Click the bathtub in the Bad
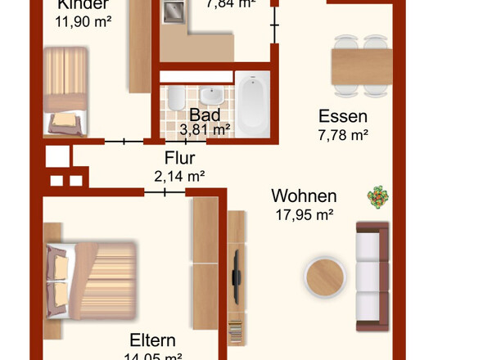coord(252,106)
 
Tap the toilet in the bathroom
coord(174,101)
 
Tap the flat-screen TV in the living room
coord(236,272)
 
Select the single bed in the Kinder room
coord(65,90)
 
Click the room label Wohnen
coord(304,196)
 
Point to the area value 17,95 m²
coord(303,215)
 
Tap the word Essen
coord(343,117)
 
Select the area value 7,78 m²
coord(342,136)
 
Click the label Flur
coord(179,158)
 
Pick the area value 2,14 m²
coord(179,175)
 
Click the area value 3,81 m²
coord(205,129)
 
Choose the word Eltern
coord(153,340)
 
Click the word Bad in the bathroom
coord(204,115)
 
